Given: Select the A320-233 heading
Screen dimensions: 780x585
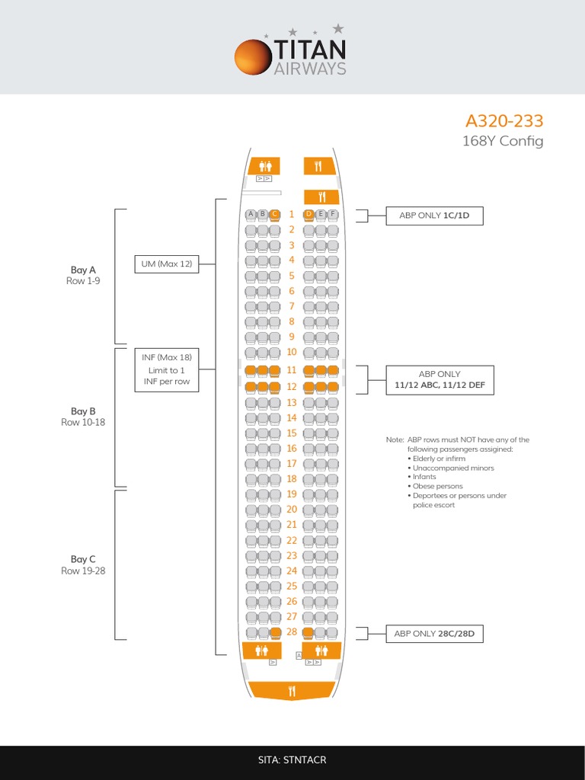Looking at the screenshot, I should point(504,121).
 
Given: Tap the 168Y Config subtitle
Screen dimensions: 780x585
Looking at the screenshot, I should point(503,141).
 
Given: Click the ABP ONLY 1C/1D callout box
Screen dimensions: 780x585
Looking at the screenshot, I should point(435,216).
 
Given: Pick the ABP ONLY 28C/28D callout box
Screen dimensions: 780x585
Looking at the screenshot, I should point(435,633).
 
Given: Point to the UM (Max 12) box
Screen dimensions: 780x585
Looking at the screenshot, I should point(166,264).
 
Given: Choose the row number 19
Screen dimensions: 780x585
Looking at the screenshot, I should point(291,494).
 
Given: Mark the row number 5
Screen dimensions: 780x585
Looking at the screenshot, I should point(291,276).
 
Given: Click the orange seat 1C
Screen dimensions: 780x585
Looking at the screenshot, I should point(274,215).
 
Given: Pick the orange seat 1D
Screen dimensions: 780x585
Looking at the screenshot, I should point(308,215).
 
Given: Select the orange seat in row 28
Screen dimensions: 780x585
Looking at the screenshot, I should point(308,633).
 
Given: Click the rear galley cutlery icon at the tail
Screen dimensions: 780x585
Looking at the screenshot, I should point(292,691).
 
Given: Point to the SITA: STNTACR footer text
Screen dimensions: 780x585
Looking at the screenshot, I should point(292,760).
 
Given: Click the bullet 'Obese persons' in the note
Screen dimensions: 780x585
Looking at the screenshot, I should point(438,486).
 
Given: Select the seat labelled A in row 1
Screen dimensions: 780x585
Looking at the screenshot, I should point(250,215).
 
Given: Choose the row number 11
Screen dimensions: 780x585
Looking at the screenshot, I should point(291,370).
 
